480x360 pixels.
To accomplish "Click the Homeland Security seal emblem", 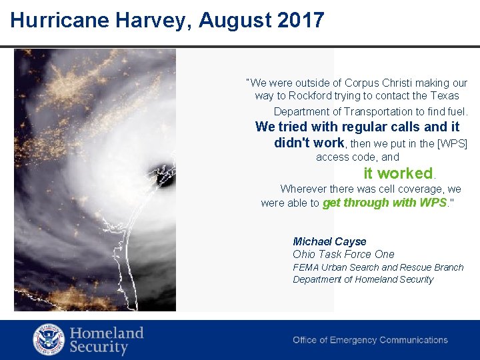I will click(x=49, y=339).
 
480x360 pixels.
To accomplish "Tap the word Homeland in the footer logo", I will click(x=107, y=333).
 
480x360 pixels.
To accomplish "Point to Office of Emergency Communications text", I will click(x=370, y=340).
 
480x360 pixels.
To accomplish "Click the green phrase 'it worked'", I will click(x=398, y=173).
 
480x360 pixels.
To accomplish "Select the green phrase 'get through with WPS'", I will click(x=384, y=203).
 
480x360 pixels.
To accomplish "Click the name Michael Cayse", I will click(x=329, y=241).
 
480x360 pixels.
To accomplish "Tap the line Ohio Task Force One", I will click(x=343, y=254).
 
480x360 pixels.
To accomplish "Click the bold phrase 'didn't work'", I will click(x=309, y=143).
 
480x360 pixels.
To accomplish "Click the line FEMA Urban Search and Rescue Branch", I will click(x=378, y=267).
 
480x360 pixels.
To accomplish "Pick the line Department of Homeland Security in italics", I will click(x=363, y=279).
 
